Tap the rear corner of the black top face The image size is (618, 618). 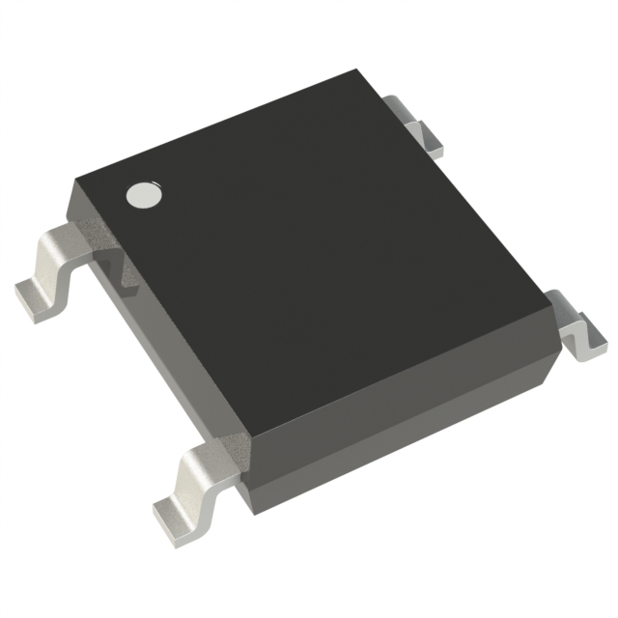coord(359,70)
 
